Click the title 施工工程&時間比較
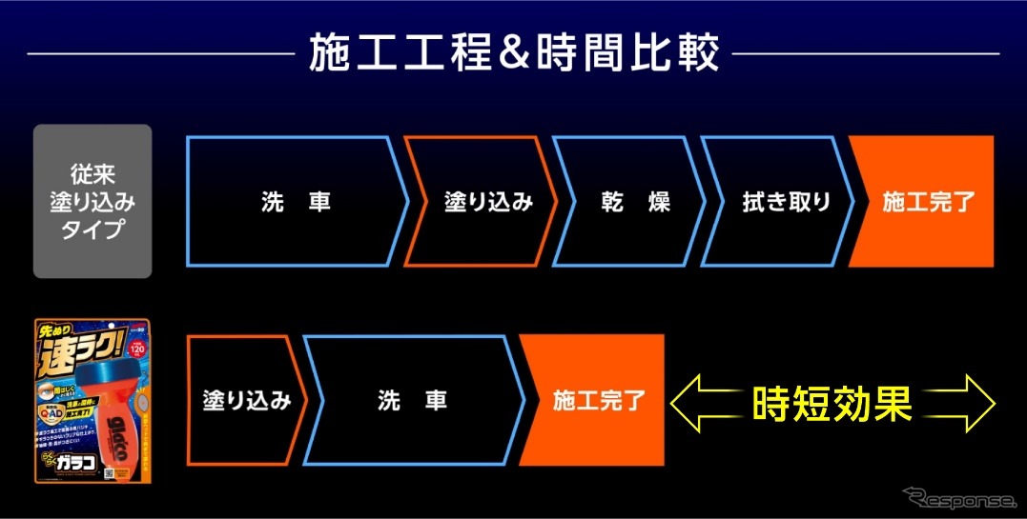tap(512, 53)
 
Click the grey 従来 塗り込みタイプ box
tap(92, 201)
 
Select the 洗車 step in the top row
tap(295, 202)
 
